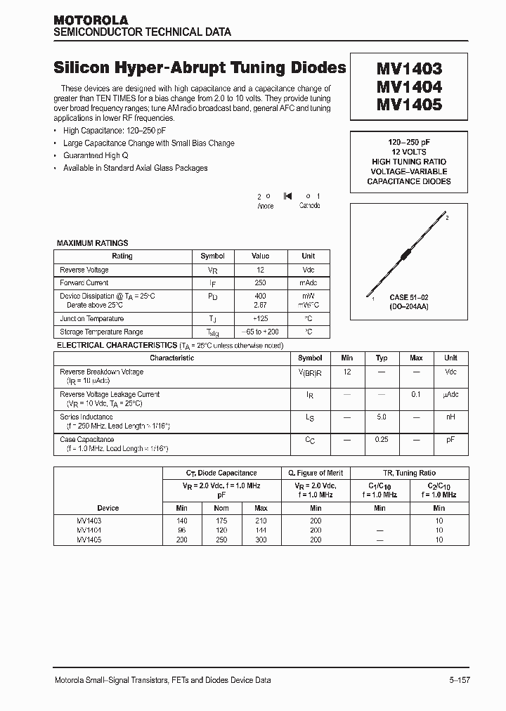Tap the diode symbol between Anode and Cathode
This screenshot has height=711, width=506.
[x=287, y=196]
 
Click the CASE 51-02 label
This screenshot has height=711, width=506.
[x=408, y=297]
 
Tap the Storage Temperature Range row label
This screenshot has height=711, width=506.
[x=101, y=332]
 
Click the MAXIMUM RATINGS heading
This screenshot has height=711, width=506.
[x=92, y=243]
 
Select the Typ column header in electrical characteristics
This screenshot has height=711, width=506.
[x=381, y=358]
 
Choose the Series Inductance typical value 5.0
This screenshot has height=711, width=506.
[x=381, y=417]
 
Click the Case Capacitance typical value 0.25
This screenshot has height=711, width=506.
[x=381, y=439]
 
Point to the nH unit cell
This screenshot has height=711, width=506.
[x=450, y=417]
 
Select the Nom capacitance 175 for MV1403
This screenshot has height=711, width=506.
[x=221, y=521]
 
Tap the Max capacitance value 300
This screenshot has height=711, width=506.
[x=261, y=540]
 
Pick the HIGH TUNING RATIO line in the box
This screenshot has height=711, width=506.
[x=408, y=162]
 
